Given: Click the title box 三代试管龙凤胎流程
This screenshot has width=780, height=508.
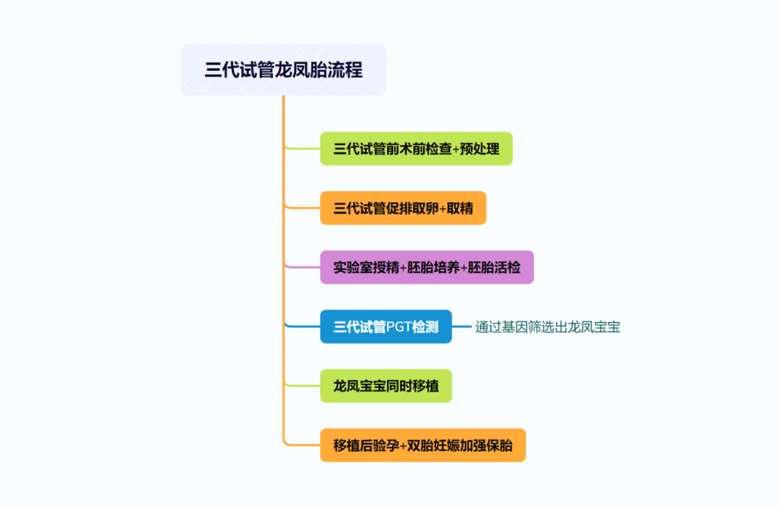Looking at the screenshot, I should (283, 70).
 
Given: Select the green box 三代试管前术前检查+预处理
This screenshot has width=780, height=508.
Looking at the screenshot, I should (416, 149).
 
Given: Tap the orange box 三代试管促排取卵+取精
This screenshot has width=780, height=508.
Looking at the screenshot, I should (403, 209).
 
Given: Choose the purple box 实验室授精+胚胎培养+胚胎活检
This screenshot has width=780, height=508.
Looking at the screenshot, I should (426, 267).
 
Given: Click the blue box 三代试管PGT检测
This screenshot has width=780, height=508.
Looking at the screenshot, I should (386, 327).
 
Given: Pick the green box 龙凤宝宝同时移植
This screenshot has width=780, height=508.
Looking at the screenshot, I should (386, 386).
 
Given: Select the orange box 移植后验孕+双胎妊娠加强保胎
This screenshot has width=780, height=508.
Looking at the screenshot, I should (422, 445).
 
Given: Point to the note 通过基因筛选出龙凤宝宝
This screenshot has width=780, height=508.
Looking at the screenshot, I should (547, 327).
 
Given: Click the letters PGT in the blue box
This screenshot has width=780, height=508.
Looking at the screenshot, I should (399, 327).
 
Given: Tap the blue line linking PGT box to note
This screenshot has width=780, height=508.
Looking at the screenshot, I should (462, 327).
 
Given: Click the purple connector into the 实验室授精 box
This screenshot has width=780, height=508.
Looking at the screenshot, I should (303, 267).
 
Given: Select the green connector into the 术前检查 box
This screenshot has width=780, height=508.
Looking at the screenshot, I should (303, 149).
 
